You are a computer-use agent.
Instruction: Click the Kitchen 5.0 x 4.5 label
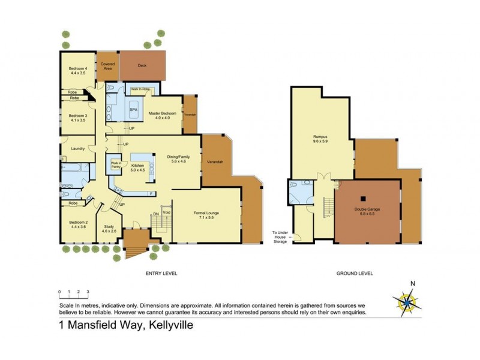[x=139, y=167]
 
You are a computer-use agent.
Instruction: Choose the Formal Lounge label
[x=206, y=216]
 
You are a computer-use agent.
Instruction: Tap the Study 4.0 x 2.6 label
[x=109, y=229]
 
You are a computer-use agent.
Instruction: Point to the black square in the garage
[x=363, y=197]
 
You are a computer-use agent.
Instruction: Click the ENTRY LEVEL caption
[x=161, y=273]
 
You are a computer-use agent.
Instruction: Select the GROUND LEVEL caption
[x=355, y=273]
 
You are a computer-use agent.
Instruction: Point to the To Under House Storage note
[x=282, y=237]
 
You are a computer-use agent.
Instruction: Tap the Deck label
[x=142, y=66]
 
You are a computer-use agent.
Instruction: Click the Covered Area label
[x=108, y=65]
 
